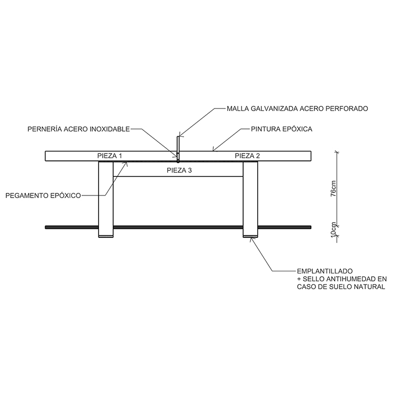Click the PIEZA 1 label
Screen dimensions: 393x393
click(110, 156)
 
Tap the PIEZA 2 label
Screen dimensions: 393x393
click(247, 156)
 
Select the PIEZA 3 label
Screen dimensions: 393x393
click(179, 170)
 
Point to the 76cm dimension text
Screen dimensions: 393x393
click(333, 188)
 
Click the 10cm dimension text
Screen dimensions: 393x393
click(333, 230)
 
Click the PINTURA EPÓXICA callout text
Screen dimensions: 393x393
click(282, 129)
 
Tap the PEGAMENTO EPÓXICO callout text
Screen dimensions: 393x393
click(43, 195)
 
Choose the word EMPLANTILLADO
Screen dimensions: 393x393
click(325, 271)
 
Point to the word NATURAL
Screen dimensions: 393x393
click(369, 287)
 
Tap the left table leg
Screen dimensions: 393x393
click(106, 199)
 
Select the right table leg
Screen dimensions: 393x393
click(250, 199)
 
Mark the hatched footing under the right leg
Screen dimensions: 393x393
click(250, 237)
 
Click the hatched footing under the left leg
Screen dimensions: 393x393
click(106, 237)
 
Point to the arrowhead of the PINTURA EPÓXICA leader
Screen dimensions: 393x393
click(213, 151)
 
